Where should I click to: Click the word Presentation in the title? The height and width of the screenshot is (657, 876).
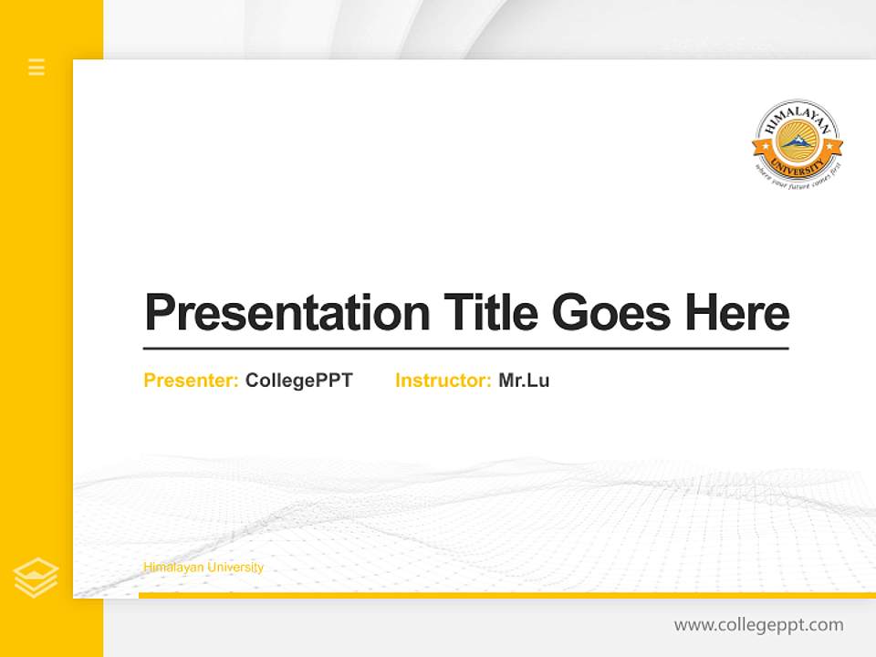point(287,313)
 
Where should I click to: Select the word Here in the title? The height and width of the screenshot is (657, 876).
point(736,313)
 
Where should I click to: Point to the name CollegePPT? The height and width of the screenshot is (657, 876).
point(298,381)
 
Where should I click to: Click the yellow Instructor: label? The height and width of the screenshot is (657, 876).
point(443,381)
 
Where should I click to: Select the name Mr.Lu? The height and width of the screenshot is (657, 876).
point(524,381)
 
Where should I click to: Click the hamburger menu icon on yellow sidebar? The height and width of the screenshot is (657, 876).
point(36,67)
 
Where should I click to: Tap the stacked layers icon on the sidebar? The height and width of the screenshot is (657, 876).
point(36,578)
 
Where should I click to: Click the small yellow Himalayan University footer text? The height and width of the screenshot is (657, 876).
point(203,568)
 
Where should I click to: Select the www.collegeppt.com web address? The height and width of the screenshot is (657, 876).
point(758,625)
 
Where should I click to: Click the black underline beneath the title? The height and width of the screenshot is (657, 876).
point(465,348)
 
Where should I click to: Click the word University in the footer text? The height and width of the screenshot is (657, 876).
point(235,568)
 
